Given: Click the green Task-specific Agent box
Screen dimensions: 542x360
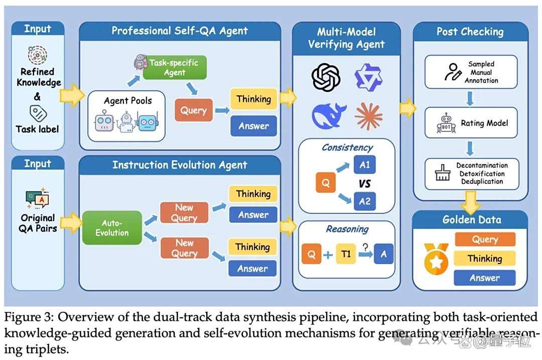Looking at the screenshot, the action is coord(175,67).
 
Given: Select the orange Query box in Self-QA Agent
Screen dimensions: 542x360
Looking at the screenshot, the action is coord(194,110).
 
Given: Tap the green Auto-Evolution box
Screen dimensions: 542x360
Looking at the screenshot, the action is coord(112,228).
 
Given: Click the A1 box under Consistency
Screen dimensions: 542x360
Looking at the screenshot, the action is coord(365,165).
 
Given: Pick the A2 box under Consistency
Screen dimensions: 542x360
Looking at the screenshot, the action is coord(365,201).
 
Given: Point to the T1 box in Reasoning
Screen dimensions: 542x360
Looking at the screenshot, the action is coord(346,254).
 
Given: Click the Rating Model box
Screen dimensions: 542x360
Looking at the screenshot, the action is coord(471,123).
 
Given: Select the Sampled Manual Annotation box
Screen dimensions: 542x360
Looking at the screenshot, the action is coord(471,72).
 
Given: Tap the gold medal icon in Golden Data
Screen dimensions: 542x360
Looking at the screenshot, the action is coord(436,259).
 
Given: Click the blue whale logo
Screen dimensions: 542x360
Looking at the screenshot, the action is coord(329,116).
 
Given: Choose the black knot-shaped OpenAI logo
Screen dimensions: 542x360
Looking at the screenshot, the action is coord(326,77).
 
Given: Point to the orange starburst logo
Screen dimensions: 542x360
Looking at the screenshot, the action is coord(369,116).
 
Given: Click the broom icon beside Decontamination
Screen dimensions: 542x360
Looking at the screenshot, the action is coord(442,173).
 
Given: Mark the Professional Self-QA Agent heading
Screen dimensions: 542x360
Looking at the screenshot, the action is coord(180,31).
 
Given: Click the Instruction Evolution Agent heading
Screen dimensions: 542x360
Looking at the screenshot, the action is coord(180,165).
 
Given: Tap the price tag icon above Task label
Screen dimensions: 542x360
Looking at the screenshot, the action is coord(38,113).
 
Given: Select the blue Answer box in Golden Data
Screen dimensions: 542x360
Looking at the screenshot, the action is coord(485,278).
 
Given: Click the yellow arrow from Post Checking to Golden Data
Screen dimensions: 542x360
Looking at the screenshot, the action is coord(470,202).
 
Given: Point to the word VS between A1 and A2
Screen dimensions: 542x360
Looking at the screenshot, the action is coord(365,183).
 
